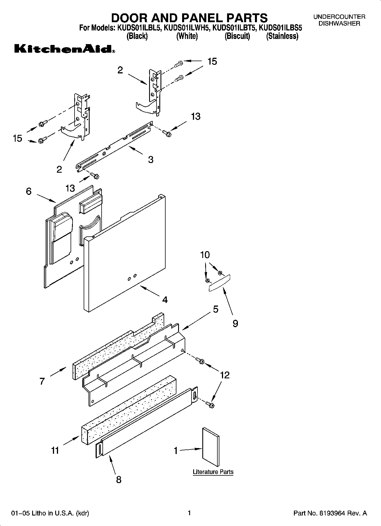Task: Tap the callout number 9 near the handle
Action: [x=235, y=323]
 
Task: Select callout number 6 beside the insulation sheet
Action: [x=28, y=191]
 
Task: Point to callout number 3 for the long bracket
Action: [x=151, y=159]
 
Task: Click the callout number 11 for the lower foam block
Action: [x=55, y=450]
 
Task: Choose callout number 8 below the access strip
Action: [x=119, y=480]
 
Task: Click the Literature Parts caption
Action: [x=213, y=472]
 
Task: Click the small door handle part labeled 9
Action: [x=219, y=283]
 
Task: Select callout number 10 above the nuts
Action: [x=205, y=255]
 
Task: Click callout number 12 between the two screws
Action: [x=225, y=375]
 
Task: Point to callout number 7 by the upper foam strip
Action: [x=42, y=381]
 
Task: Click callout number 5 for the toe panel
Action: [x=215, y=309]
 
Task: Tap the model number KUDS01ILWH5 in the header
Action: [x=187, y=28]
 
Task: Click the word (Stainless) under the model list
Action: [x=282, y=36]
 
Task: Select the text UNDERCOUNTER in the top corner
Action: [x=339, y=17]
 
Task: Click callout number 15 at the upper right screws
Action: [x=212, y=61]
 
